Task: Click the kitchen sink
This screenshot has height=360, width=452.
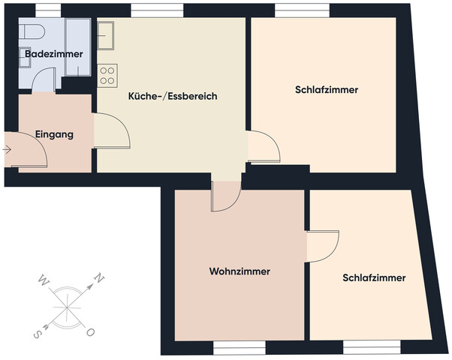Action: coord(106,33)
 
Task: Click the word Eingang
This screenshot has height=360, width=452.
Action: coord(54,135)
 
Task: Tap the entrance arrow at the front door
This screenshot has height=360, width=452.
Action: coord(8,150)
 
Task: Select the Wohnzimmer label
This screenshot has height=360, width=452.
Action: coord(240,271)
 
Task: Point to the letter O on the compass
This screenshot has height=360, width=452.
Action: coord(90,331)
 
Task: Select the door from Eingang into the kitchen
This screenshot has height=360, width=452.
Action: coord(111,131)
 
